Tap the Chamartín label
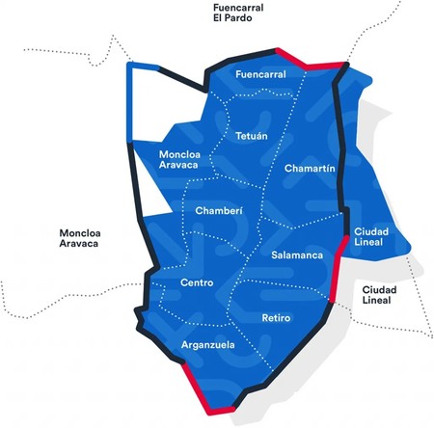tap(311, 169)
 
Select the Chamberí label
tap(218, 210)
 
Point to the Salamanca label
tap(296, 255)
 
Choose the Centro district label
tap(197, 282)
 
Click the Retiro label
tap(277, 317)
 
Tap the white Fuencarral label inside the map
tap(261, 73)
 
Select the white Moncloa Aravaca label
tap(179, 160)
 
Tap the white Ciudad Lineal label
tap(370, 237)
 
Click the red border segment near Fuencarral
tap(309, 62)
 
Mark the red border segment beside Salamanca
tap(339, 270)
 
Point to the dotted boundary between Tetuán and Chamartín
tap(274, 145)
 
